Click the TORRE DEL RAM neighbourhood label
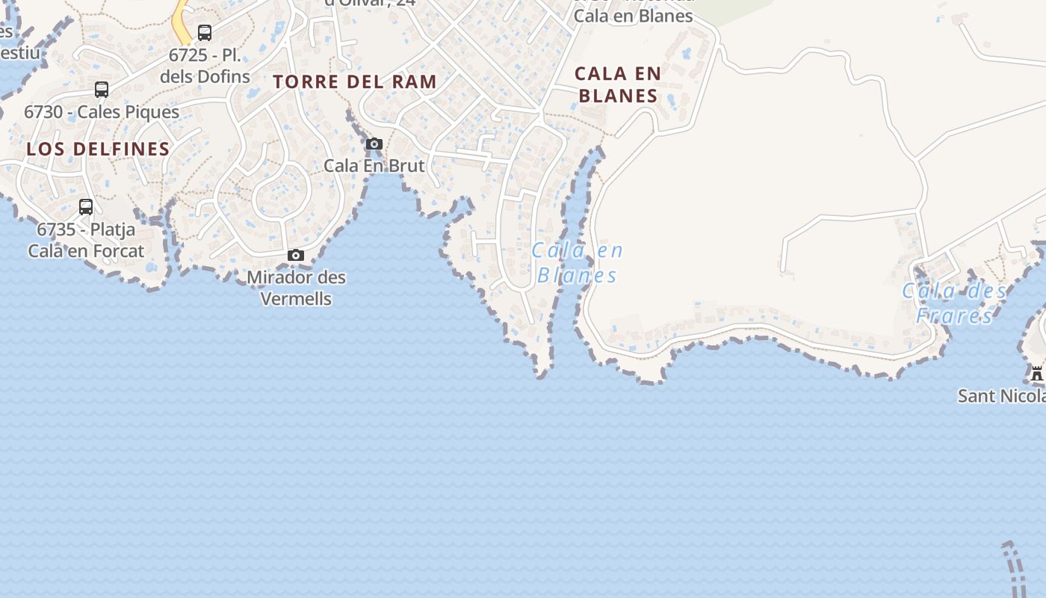(354, 81)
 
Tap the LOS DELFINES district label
(98, 149)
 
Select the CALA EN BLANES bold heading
(618, 84)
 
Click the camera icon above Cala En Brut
(374, 144)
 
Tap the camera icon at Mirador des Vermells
(296, 256)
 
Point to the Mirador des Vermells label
(296, 288)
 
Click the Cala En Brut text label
(374, 165)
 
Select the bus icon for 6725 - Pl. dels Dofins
(204, 33)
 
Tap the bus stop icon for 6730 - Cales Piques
(102, 90)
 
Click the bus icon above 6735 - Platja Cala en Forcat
(86, 207)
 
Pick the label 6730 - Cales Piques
(102, 112)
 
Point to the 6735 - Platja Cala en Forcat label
(86, 240)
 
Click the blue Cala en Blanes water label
(577, 263)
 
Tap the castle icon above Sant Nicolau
(1036, 373)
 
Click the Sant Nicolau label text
(1001, 395)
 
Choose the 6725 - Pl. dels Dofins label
(204, 66)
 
